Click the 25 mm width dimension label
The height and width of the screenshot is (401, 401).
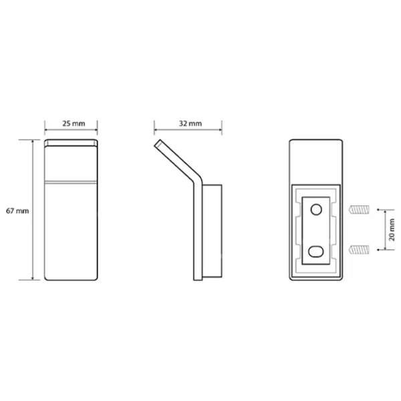coord(71,123)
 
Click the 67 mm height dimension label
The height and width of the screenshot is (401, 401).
coord(16,211)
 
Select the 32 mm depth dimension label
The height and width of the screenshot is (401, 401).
coord(190,123)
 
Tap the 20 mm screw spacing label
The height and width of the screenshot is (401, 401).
coord(392,229)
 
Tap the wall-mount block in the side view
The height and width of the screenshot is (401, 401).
coord(213,230)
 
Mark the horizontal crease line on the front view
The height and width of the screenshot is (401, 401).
coord(71,180)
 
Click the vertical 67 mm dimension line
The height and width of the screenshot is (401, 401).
coord(32,211)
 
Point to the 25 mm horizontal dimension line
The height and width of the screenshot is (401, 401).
coord(71,132)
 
